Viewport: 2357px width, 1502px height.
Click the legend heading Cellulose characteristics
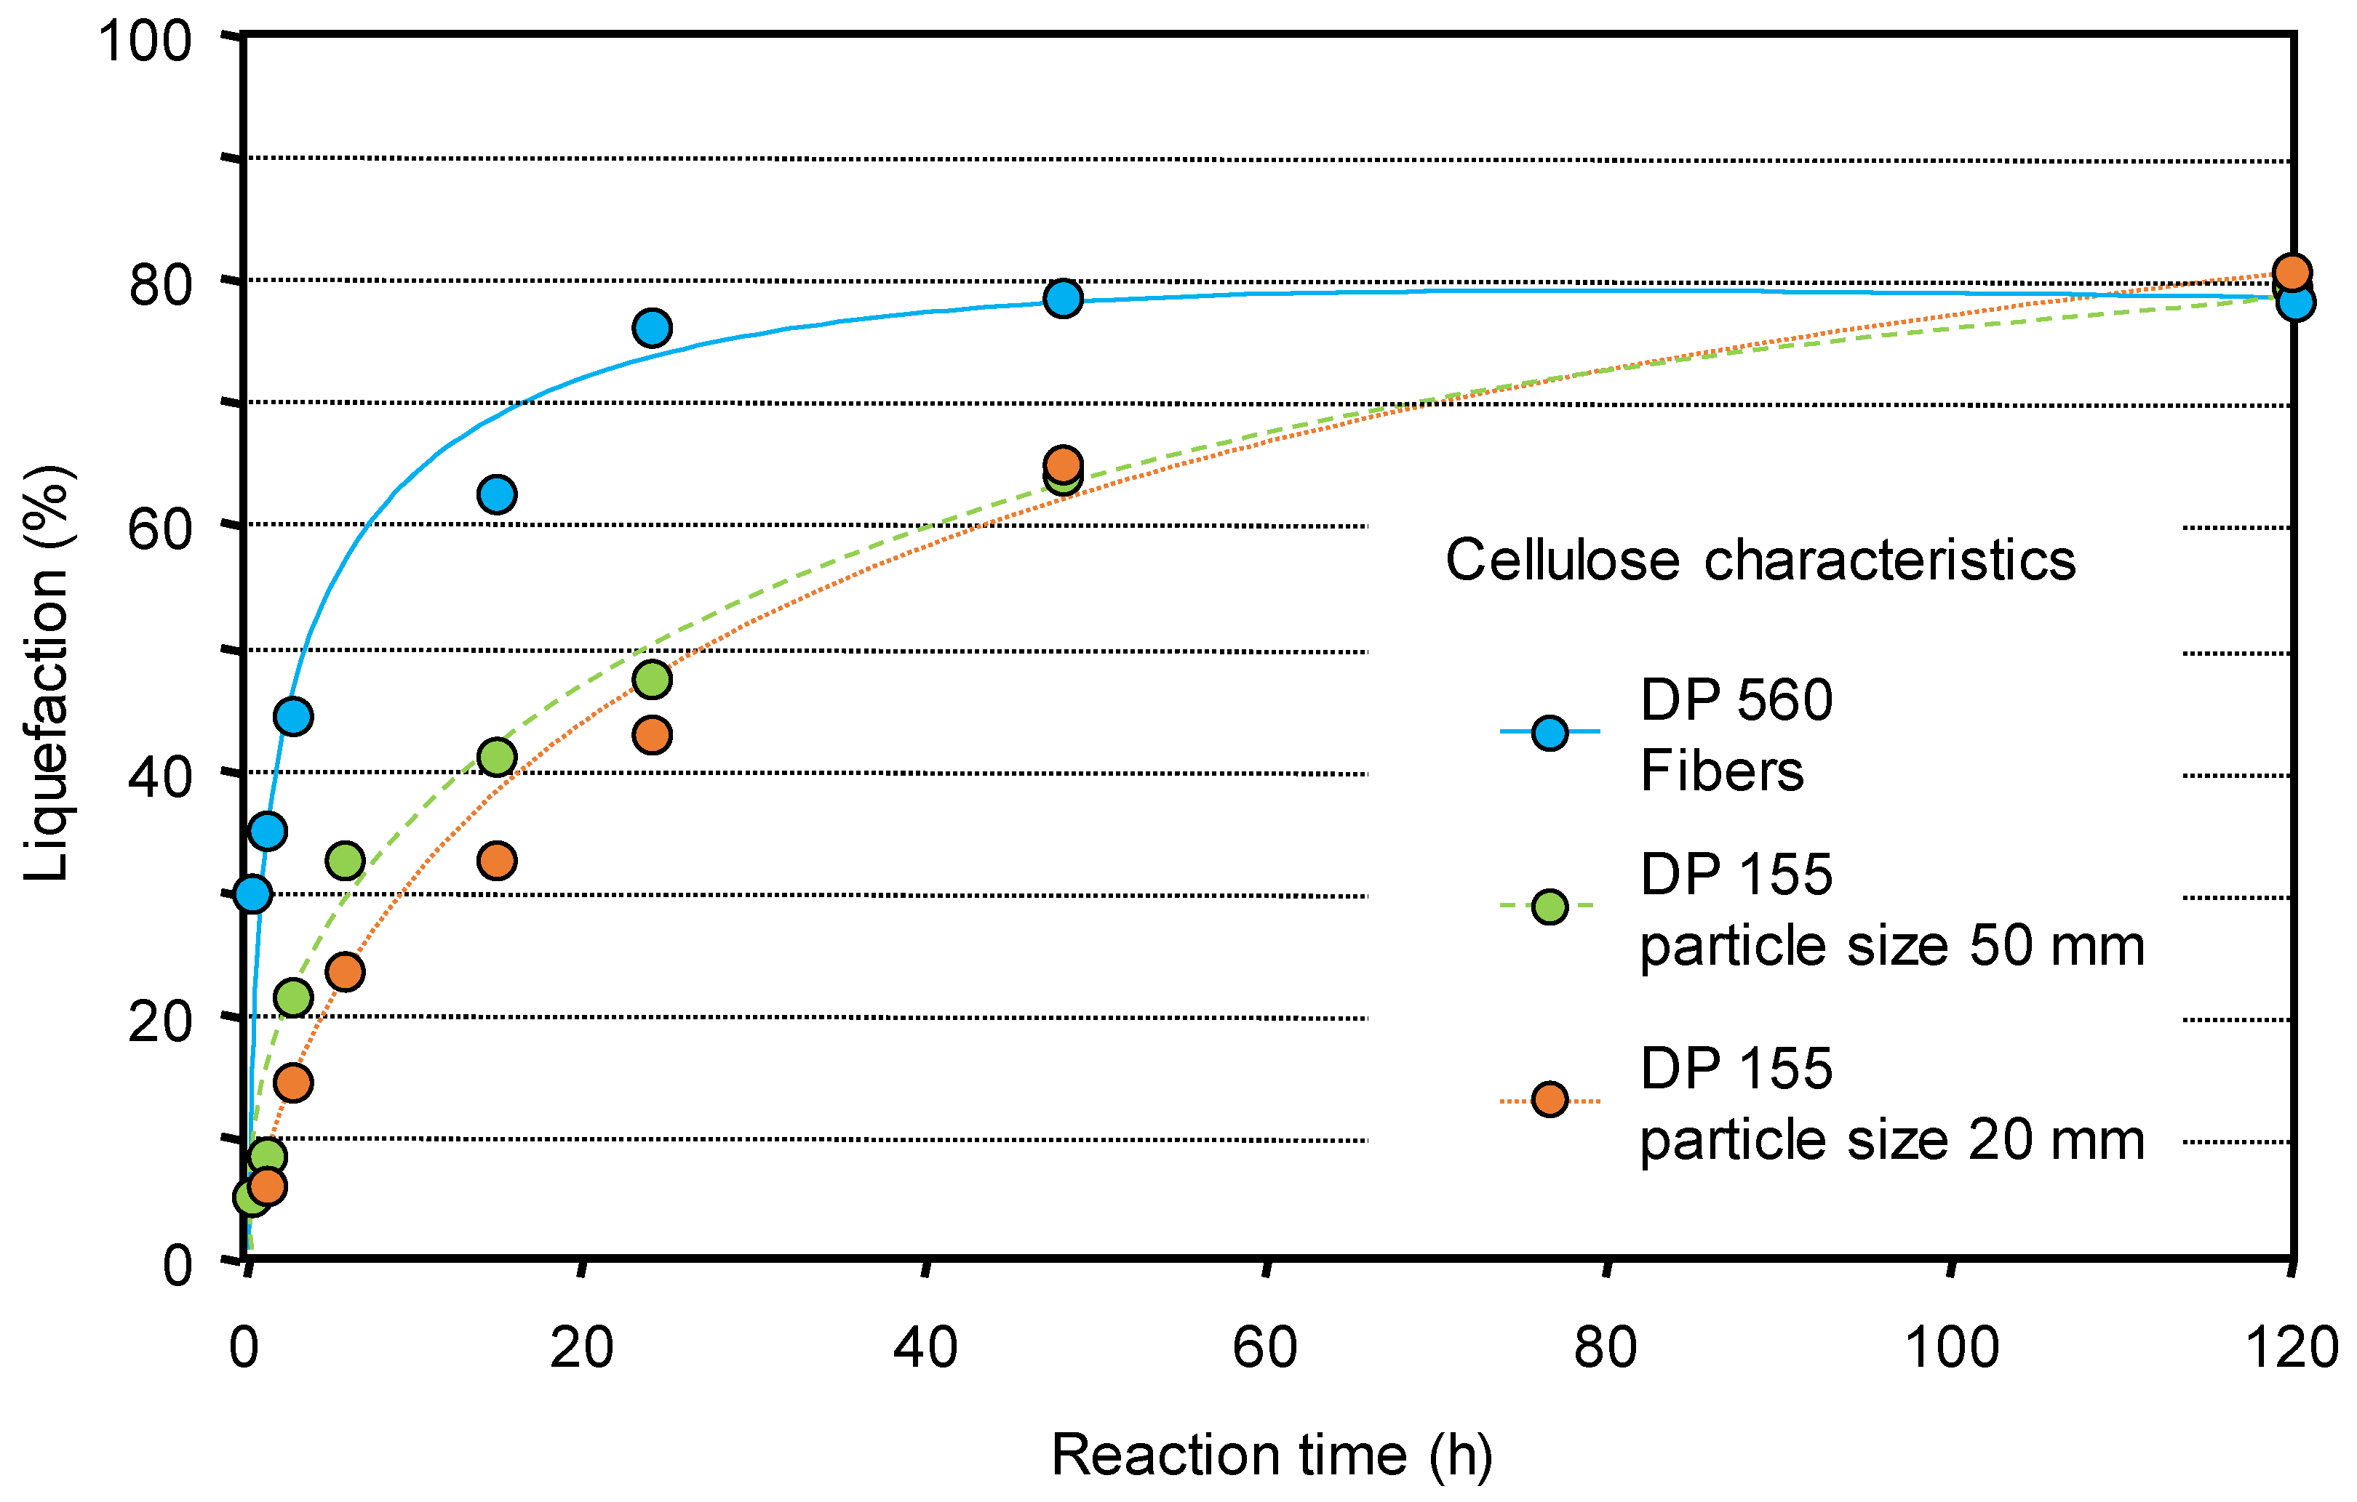1760,561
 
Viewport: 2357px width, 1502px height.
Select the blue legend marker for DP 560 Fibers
1550,732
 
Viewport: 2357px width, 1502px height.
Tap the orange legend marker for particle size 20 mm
1550,1100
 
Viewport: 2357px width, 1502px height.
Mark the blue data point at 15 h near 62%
498,494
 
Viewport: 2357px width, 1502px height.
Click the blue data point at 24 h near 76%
652,328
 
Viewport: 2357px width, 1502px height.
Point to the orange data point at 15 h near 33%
498,860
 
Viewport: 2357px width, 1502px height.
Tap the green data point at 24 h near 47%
652,679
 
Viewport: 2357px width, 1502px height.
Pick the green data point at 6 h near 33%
345,860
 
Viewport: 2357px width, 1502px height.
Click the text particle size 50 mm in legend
1891,947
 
